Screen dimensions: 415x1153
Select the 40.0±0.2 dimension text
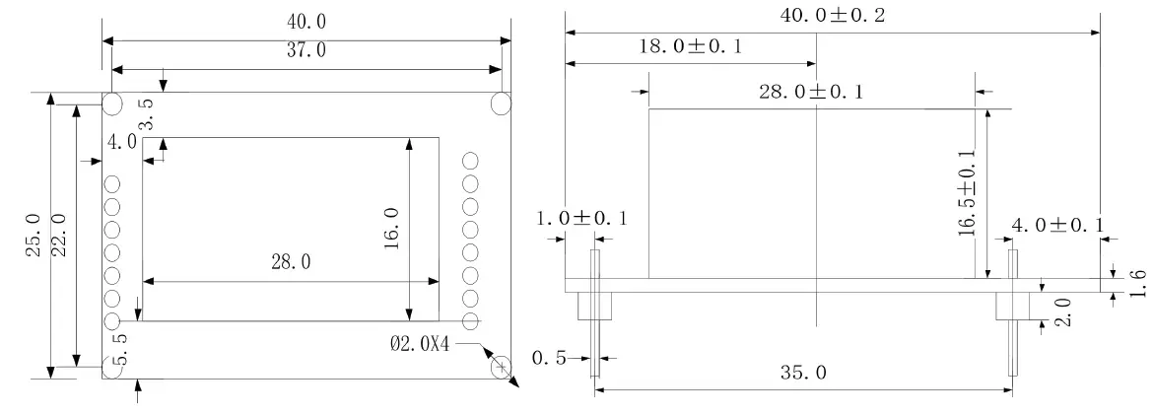click(x=833, y=15)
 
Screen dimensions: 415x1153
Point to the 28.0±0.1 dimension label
click(x=811, y=92)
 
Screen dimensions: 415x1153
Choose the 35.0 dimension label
click(x=802, y=373)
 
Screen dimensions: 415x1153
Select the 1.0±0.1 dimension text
click(x=581, y=218)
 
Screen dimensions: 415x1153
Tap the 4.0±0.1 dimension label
click(x=1057, y=225)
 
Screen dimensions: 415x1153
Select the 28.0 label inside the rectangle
click(x=291, y=261)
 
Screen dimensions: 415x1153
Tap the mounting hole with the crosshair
click(x=502, y=367)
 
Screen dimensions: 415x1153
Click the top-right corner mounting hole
click(x=501, y=104)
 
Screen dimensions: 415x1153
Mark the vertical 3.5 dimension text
click(x=146, y=113)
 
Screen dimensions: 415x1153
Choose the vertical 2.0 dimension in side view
click(x=1062, y=311)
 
